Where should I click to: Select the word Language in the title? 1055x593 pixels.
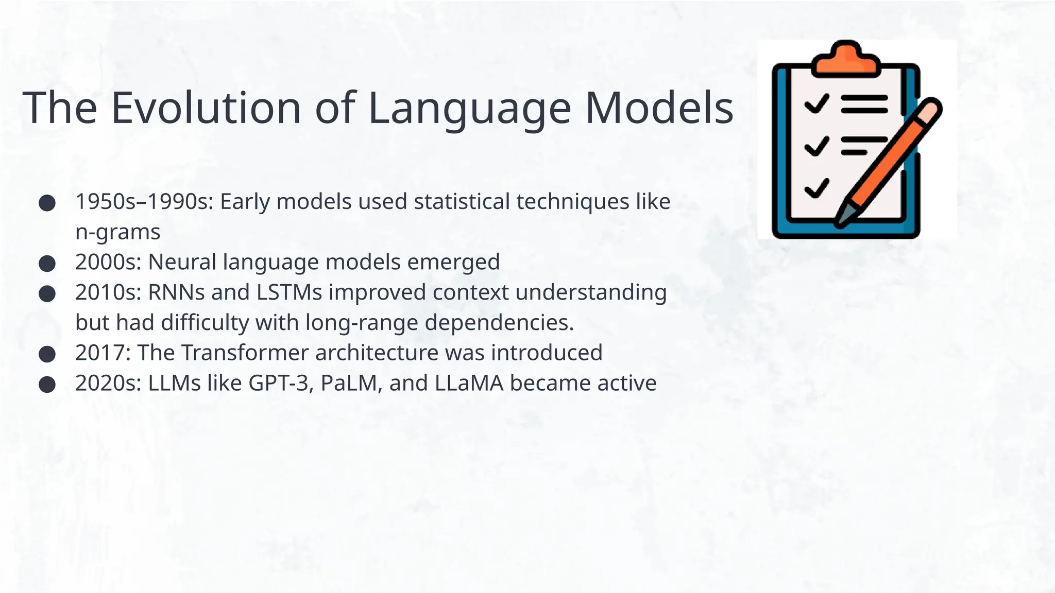point(469,108)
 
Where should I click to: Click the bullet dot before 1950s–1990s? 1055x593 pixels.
point(47,202)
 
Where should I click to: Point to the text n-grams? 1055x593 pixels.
point(117,232)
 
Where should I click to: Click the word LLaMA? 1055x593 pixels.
point(469,383)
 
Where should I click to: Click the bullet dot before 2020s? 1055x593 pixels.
point(47,385)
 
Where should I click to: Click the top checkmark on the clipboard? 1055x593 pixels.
point(816,103)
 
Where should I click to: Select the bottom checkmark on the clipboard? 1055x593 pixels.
point(816,188)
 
